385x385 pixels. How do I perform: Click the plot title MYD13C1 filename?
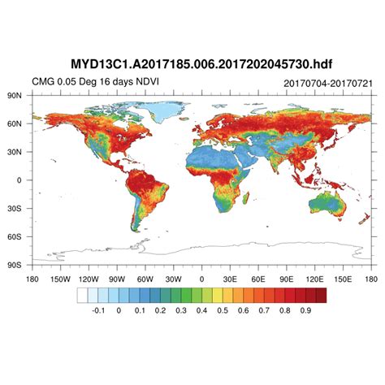(192, 63)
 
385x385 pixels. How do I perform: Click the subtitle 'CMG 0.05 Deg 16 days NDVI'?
(83, 82)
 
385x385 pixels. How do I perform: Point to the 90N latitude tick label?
(15, 95)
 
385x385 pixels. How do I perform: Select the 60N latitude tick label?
(15, 123)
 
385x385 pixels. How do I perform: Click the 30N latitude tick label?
(15, 152)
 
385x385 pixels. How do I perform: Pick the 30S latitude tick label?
(15, 209)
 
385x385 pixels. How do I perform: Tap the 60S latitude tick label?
(15, 237)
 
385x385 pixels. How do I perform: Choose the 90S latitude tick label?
(15, 265)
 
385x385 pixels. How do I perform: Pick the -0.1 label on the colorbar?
(97, 310)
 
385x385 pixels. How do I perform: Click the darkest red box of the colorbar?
(320, 295)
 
